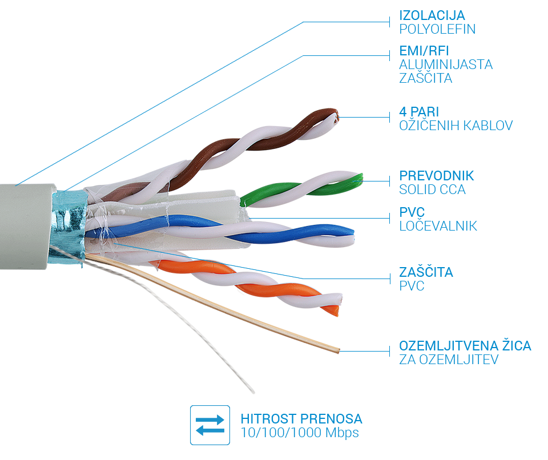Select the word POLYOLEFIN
click(437, 29)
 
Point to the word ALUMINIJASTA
click(446, 64)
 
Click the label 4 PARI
click(419, 111)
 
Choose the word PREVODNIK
click(437, 175)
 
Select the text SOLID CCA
click(432, 189)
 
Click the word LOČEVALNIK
click(438, 226)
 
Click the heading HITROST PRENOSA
click(301, 418)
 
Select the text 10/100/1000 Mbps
click(300, 433)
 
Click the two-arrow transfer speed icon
click(210, 425)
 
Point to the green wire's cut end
click(360, 180)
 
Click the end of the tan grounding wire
click(337, 349)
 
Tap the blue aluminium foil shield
click(68, 220)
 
